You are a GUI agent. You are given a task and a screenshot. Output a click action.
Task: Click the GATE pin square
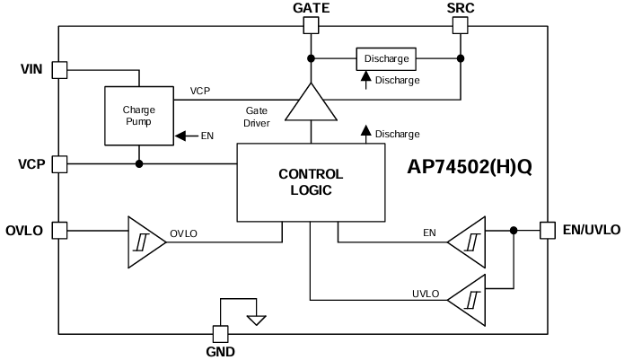(x=311, y=26)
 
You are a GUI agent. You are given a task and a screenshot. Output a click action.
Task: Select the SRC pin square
(x=460, y=26)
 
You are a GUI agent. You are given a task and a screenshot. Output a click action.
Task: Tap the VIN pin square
(x=59, y=69)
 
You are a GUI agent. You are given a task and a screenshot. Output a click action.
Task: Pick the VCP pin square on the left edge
(x=59, y=163)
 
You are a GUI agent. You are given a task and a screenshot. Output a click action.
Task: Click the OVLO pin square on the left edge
(x=59, y=230)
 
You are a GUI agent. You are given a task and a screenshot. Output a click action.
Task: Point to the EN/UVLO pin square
(x=548, y=230)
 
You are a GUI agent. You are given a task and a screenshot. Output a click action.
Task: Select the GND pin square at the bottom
(x=217, y=332)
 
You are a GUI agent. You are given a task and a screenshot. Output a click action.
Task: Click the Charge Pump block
(x=139, y=116)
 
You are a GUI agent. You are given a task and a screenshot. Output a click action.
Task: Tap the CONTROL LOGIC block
(x=311, y=182)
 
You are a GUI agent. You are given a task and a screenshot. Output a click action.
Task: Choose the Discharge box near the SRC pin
(x=386, y=59)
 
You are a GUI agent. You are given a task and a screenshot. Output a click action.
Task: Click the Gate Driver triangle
(x=311, y=103)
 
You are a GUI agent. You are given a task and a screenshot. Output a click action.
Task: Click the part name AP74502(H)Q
(x=470, y=168)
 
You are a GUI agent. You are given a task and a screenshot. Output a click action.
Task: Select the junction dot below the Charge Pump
(x=139, y=163)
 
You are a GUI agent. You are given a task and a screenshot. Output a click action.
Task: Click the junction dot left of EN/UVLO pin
(x=514, y=230)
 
